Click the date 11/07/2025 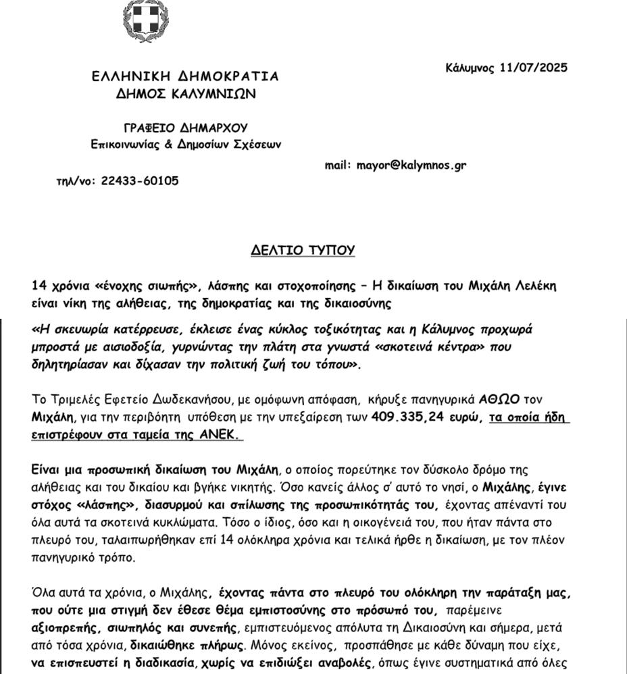[534, 68]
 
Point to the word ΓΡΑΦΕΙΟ [149, 128]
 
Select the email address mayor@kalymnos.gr [411, 165]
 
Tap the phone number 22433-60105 [140, 181]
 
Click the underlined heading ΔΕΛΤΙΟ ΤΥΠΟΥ [303, 251]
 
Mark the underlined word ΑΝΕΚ [220, 436]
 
